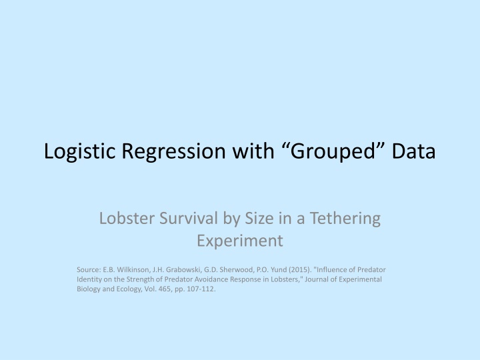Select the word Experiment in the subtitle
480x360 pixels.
(x=240, y=240)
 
